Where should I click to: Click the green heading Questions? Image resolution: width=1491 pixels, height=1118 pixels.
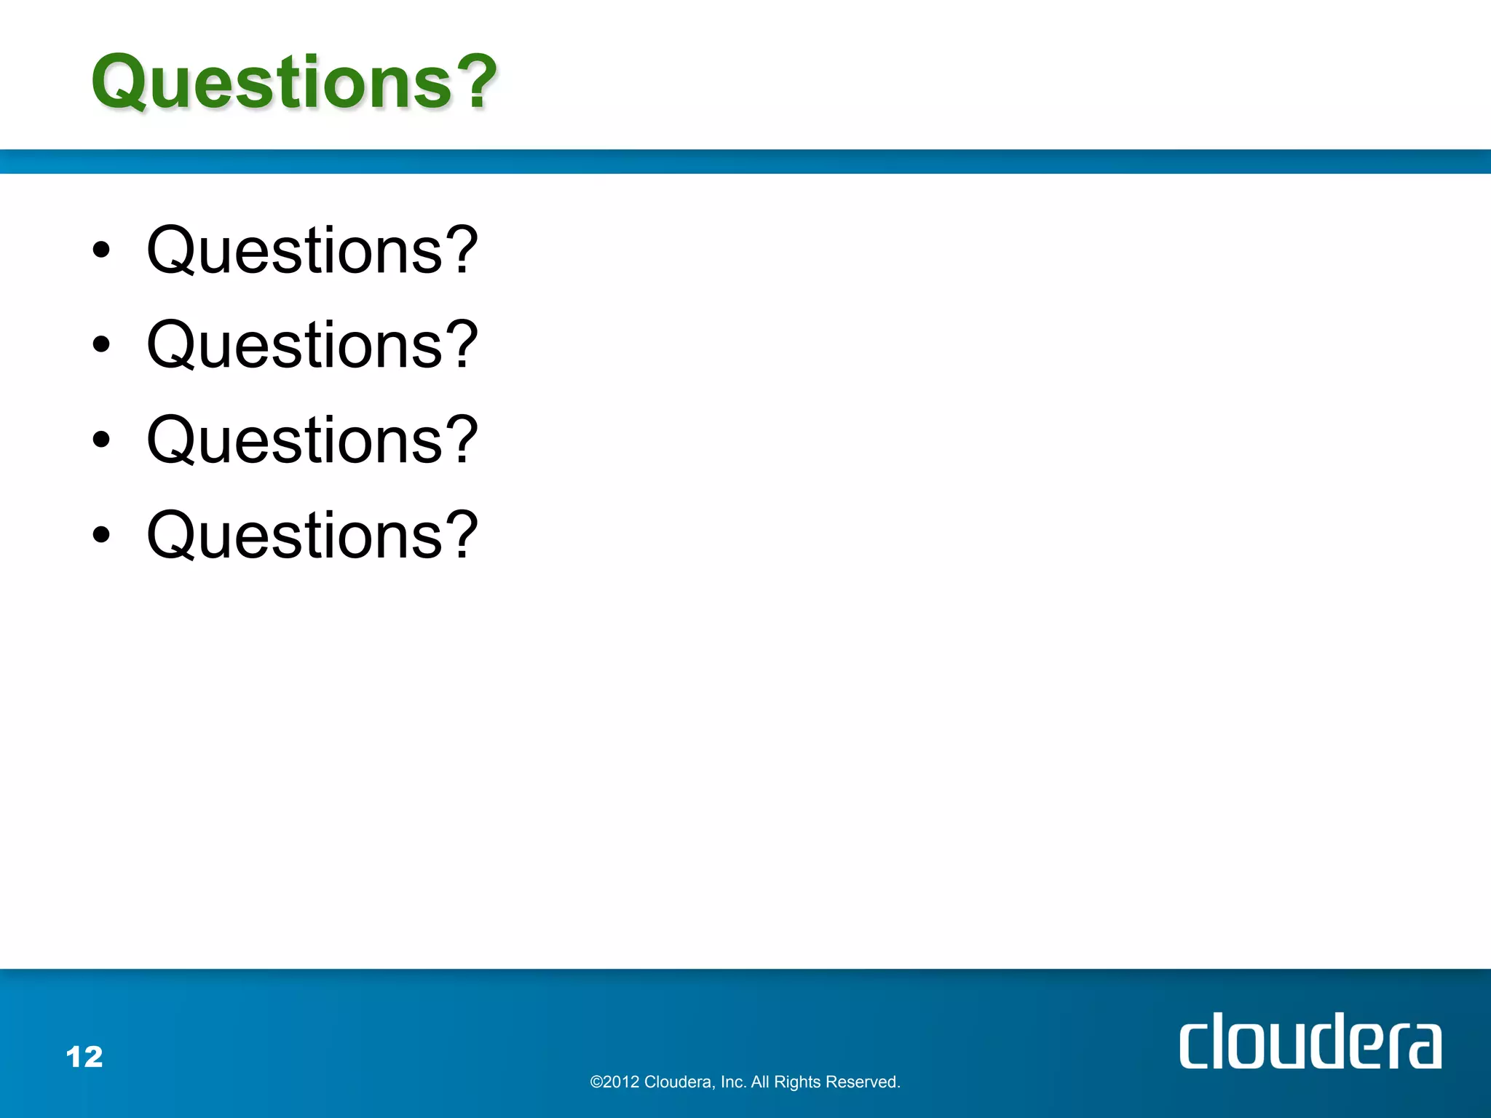[x=294, y=82]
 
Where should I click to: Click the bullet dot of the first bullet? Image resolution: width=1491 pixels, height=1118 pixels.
[x=101, y=250]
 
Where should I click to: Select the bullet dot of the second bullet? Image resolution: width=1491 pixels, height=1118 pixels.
[x=101, y=345]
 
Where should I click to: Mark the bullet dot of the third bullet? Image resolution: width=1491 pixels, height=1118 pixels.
[x=101, y=440]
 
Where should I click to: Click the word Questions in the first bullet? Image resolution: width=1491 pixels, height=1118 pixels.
[x=295, y=251]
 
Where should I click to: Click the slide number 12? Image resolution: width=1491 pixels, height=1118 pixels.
[x=84, y=1057]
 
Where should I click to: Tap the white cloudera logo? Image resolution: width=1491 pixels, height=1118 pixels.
[x=1310, y=1042]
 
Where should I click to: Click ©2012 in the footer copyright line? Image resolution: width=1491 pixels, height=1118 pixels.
[x=614, y=1082]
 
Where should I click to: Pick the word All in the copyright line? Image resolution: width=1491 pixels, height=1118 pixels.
[x=759, y=1082]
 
